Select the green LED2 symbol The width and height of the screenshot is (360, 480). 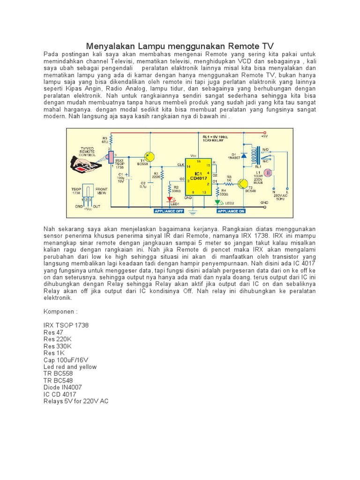tap(218, 202)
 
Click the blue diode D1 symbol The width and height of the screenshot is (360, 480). tap(244, 155)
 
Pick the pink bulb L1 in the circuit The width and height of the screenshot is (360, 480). tap(269, 172)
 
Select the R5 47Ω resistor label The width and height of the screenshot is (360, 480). tap(105, 140)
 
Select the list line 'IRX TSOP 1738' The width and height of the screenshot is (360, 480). tap(66, 325)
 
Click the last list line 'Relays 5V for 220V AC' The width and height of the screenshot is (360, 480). tap(76, 401)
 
